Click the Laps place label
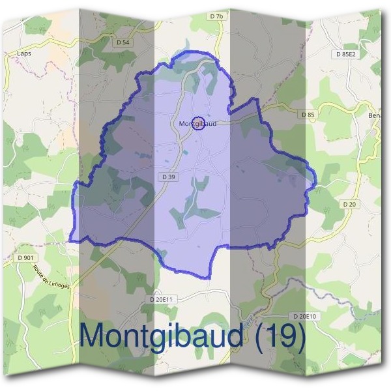coord(24,54)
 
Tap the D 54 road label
coord(123,42)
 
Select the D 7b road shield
coord(216,16)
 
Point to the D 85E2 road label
coord(346,54)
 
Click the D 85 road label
coord(308,115)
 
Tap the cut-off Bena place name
coord(376,115)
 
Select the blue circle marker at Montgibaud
coord(200,123)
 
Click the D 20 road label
coord(349,204)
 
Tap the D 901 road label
coord(25,258)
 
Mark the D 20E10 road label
coord(304,316)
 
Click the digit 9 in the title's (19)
coord(287,336)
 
